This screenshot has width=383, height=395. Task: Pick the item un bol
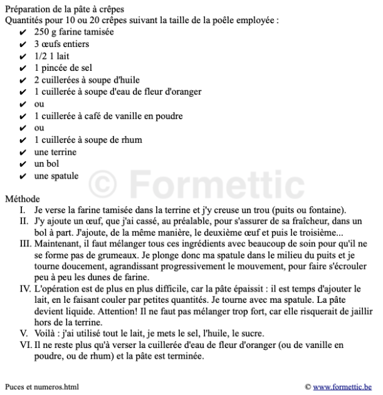tap(46, 164)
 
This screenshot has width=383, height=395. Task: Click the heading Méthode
tap(23, 199)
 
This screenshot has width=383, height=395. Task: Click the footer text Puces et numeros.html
tap(42, 387)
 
